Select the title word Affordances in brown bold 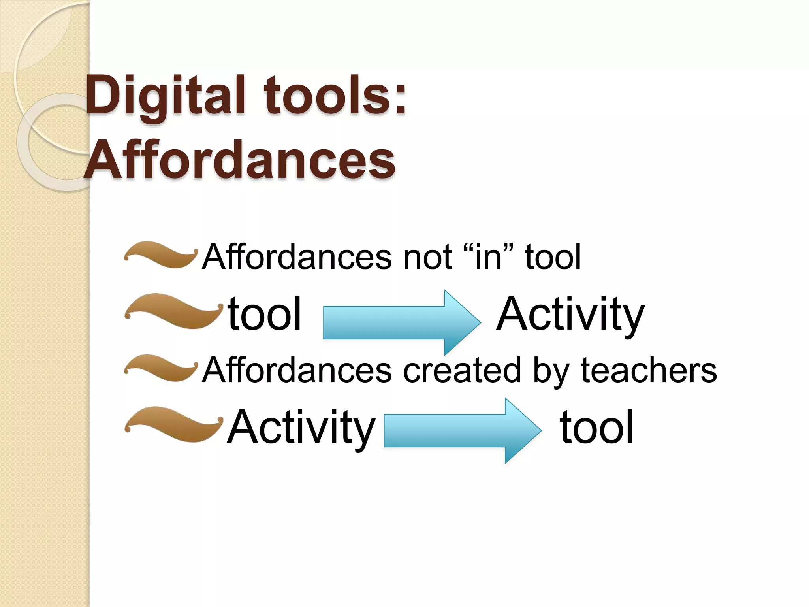tap(239, 160)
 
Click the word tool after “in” tap(553, 257)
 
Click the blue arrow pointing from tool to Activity tap(401, 322)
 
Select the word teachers tap(649, 370)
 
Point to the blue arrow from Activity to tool tap(462, 430)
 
